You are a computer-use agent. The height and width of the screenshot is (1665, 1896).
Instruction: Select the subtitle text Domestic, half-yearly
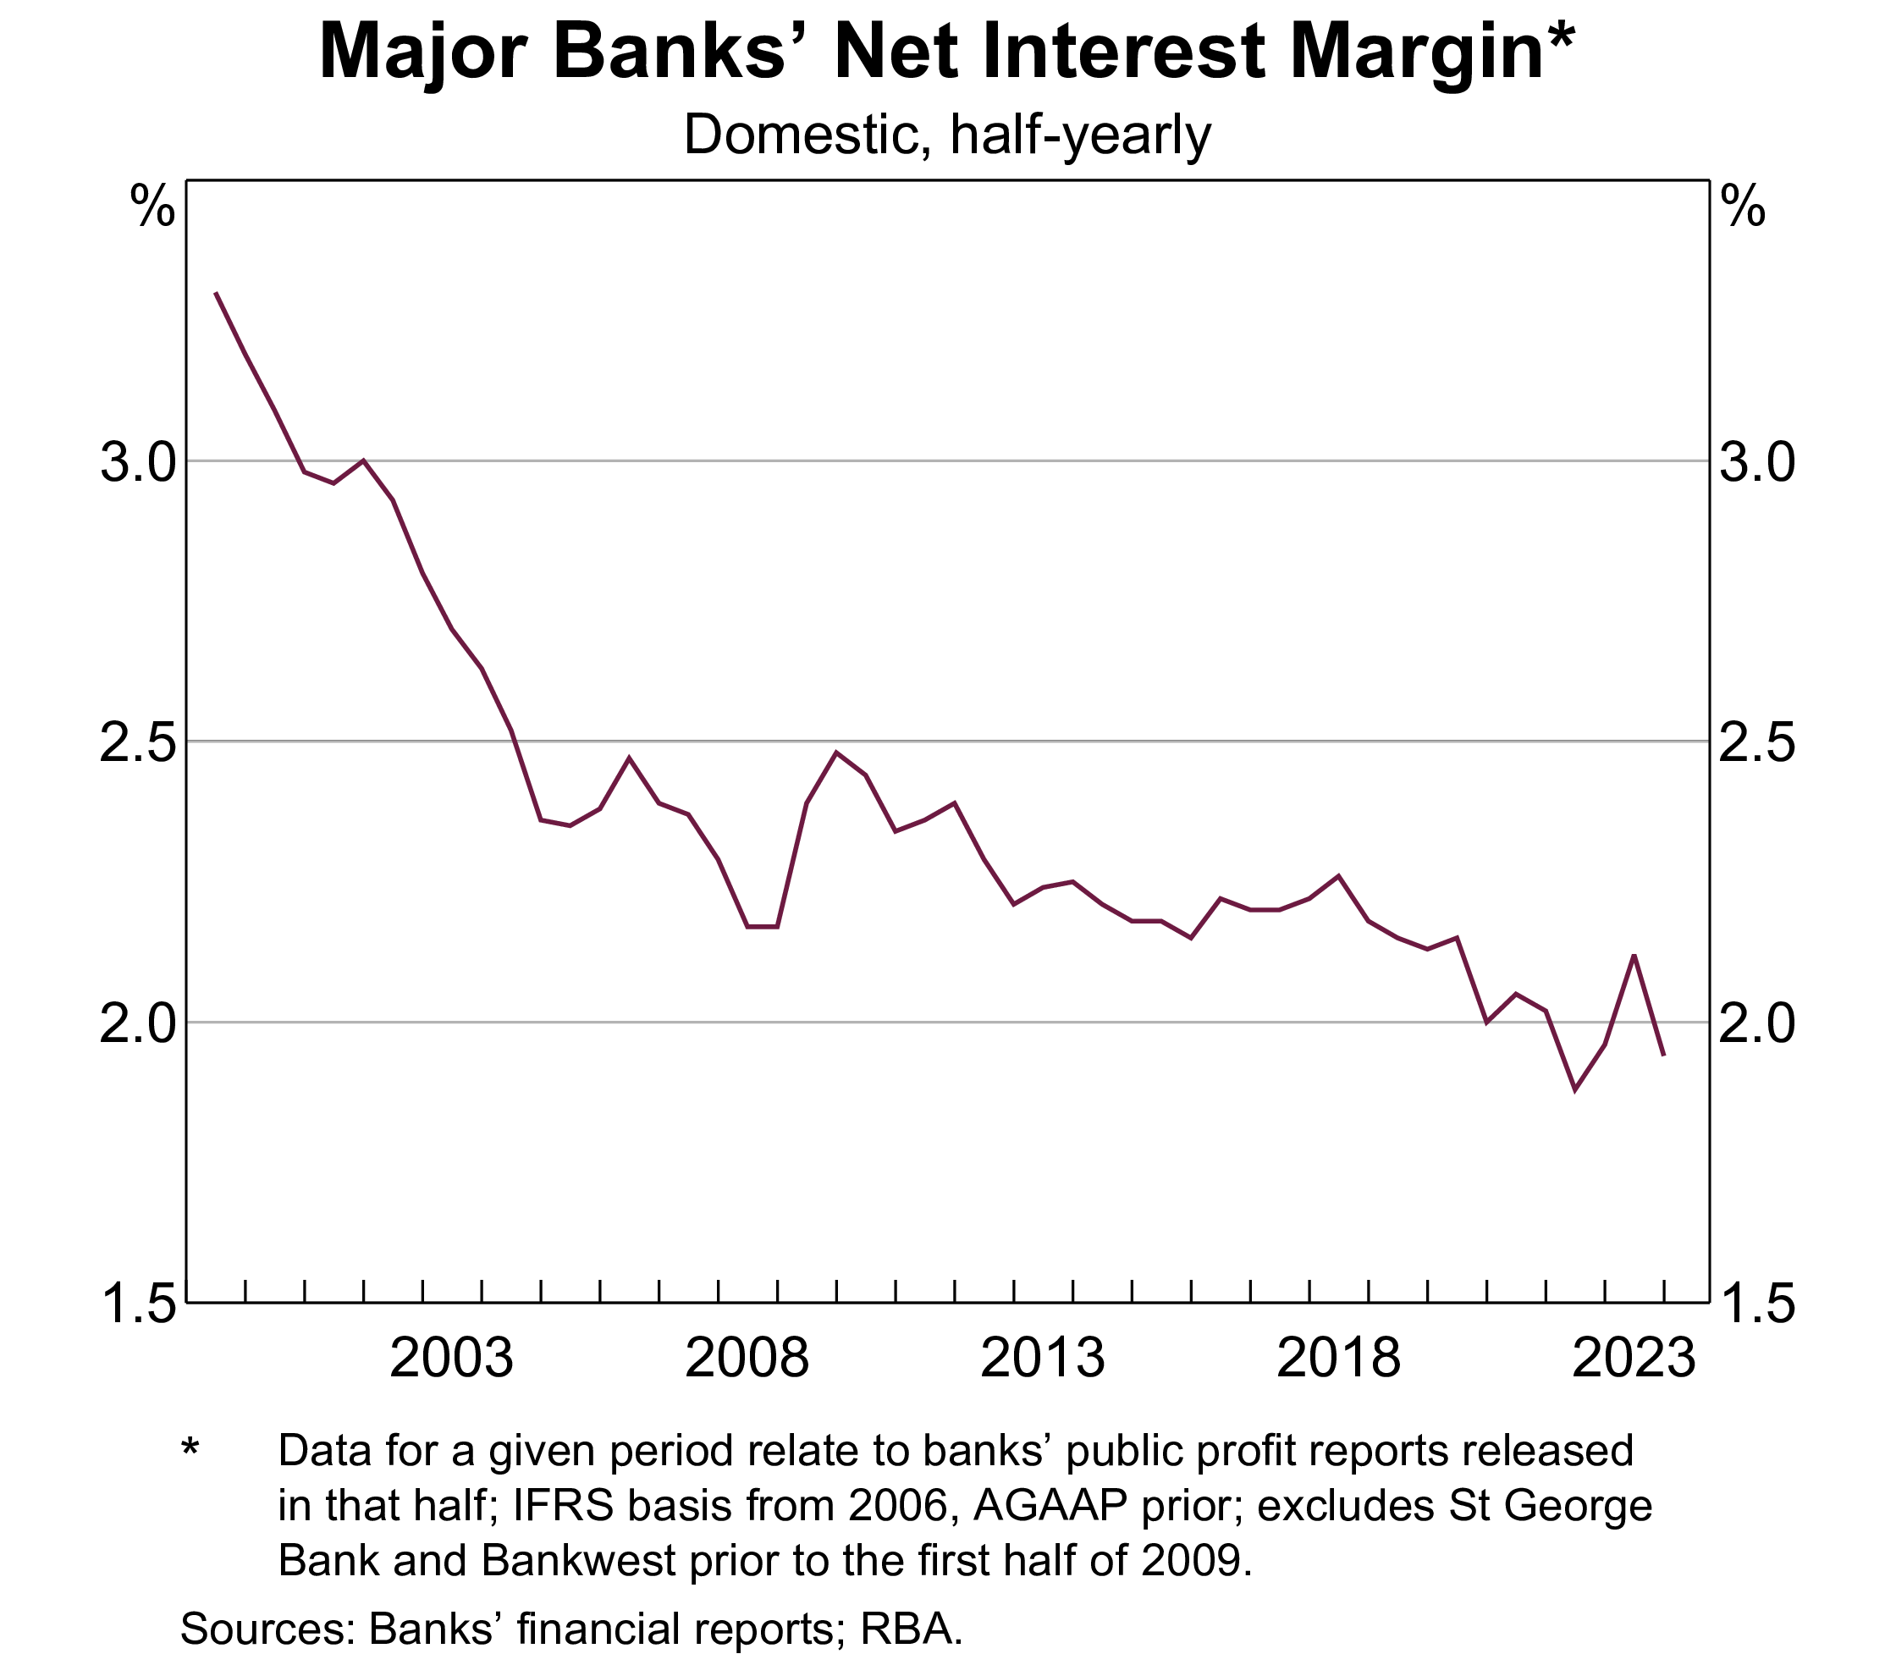pos(947,135)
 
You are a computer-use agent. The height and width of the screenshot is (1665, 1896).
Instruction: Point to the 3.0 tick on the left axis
pos(137,462)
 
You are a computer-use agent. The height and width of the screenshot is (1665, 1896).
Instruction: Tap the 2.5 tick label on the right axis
pos(1757,743)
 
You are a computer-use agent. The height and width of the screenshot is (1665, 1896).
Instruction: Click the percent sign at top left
pos(152,206)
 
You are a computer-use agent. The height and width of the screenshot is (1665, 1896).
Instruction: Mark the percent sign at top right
pos(1743,206)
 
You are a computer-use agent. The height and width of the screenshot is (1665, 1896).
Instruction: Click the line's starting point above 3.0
pos(216,293)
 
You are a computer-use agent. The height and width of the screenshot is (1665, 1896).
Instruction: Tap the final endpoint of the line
pos(1664,1056)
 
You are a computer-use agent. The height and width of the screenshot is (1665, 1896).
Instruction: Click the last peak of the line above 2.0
pos(1634,955)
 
